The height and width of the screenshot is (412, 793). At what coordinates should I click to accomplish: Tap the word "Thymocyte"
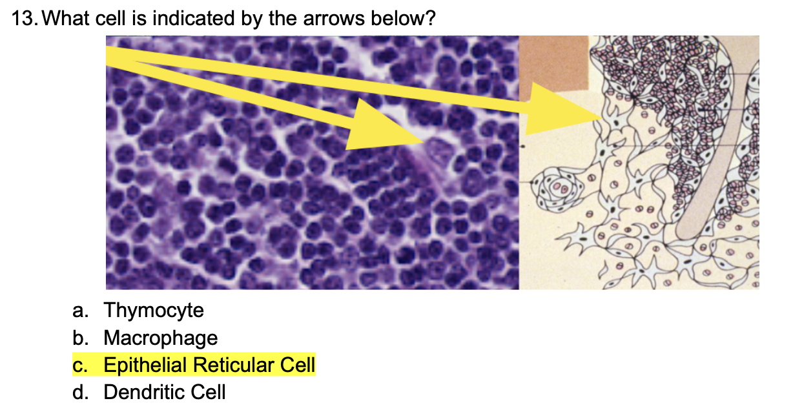(x=154, y=311)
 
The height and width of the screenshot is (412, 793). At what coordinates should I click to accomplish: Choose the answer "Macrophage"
(x=160, y=338)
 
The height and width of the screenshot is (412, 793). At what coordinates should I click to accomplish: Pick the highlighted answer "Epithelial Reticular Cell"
(x=209, y=366)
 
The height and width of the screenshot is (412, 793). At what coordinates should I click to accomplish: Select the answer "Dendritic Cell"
(x=165, y=392)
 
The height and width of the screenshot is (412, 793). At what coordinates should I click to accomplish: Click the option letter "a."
(x=81, y=311)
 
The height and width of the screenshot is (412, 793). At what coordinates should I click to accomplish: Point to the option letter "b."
(x=81, y=338)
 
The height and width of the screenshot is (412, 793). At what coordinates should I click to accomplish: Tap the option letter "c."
(x=81, y=366)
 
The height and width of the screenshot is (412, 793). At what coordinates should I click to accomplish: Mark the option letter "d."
(x=81, y=392)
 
